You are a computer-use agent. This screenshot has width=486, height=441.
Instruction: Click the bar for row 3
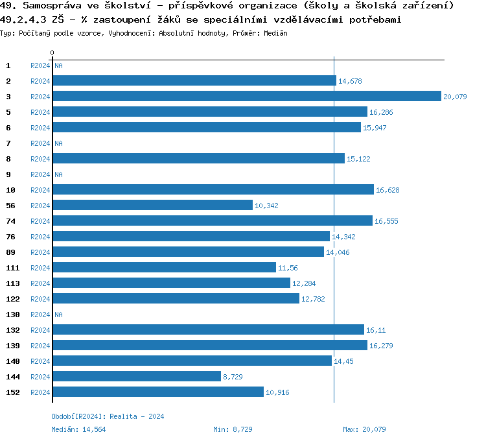[246, 96]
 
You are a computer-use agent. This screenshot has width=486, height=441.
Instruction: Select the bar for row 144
[137, 376]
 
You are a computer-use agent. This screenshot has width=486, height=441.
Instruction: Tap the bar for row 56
[152, 205]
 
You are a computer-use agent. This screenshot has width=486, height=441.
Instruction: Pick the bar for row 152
[158, 392]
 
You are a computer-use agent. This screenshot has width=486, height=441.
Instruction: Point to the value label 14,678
[350, 81]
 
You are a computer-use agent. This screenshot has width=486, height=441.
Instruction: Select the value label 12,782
[313, 299]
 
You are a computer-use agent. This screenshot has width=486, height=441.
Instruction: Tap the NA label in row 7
[58, 143]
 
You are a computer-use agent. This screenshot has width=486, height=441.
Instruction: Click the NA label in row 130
[58, 315]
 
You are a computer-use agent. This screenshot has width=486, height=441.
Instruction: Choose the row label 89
[10, 252]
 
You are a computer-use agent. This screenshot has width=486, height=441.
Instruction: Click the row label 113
[12, 283]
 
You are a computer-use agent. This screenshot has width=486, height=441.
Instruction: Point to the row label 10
[10, 190]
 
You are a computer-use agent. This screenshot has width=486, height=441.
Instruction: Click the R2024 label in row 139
[40, 346]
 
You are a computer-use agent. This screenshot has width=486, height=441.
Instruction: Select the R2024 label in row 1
[40, 66]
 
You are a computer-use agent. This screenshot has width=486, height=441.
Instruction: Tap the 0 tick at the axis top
[52, 53]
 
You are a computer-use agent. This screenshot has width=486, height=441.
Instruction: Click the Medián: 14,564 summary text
[78, 429]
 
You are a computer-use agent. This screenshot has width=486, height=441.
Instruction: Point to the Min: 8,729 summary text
[233, 429]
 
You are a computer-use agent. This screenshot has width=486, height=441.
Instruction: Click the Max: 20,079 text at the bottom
[364, 429]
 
